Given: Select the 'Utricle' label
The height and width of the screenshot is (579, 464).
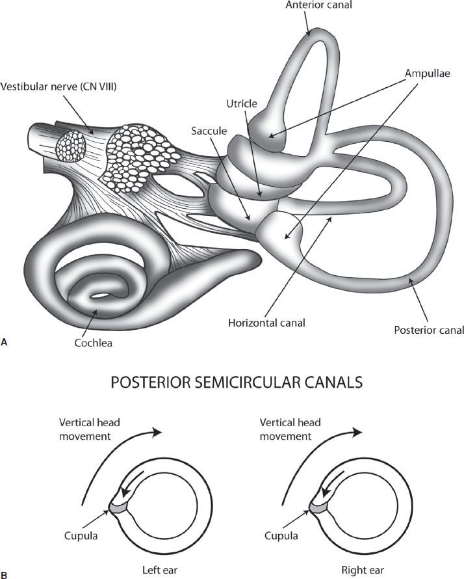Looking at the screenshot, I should tap(242, 104).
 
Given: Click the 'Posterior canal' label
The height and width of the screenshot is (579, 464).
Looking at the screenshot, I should tap(429, 330).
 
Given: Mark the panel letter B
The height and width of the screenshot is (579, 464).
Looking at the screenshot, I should tap(5, 574).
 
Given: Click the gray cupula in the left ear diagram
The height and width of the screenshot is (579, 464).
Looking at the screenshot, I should tap(119, 505).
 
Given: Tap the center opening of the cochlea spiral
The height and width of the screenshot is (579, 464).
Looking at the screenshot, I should tap(101, 297).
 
